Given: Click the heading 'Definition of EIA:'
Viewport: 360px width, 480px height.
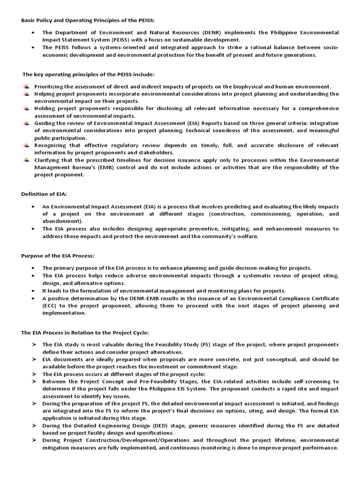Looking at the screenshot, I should pos(44,194).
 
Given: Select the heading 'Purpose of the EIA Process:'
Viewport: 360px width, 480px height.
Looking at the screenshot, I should pos(58,255).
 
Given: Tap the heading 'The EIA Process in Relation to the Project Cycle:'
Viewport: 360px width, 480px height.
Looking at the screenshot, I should pos(85,332).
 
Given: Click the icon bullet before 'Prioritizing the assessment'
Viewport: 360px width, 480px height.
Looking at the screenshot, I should pos(27,86).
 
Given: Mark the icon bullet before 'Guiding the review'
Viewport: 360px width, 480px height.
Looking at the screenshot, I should pos(27,123).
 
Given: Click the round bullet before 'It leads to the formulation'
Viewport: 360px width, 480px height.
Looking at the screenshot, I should pos(33,291).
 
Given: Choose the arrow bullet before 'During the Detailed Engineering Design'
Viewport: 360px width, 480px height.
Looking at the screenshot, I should pos(34,426).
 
